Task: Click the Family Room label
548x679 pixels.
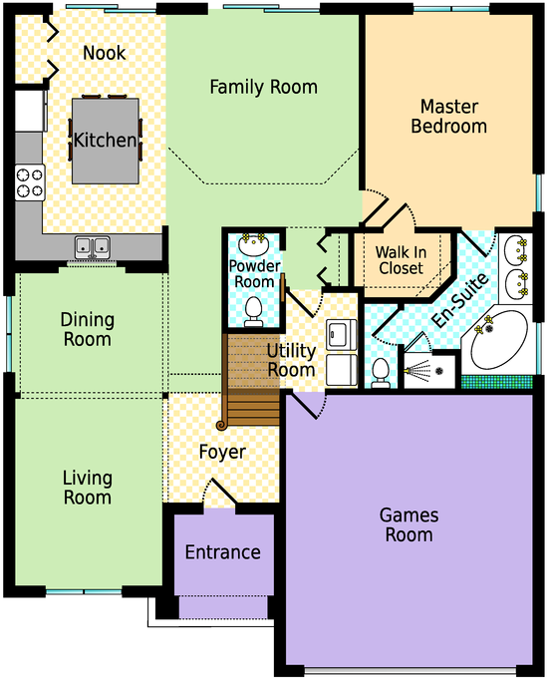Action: pos(264,87)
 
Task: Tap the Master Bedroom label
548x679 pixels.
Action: pos(449,116)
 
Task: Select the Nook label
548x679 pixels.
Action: pos(104,53)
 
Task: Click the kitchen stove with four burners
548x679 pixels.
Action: pos(30,182)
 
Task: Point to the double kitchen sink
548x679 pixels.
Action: pos(93,247)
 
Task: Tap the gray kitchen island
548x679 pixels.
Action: pos(106,141)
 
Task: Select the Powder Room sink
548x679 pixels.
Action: pos(253,245)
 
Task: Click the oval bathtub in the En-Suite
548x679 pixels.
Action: pos(499,339)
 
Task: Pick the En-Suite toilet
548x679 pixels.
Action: pos(380,373)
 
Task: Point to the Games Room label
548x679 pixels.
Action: pos(409,524)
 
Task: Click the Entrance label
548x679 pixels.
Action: pos(223,552)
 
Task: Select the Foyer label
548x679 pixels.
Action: pos(222,453)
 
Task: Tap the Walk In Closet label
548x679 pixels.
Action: pos(401,260)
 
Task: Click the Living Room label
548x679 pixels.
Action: pos(88,488)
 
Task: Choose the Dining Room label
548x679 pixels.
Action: pos(88,329)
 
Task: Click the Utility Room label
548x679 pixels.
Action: pos(291,360)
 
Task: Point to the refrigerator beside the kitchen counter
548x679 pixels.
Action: pos(30,111)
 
